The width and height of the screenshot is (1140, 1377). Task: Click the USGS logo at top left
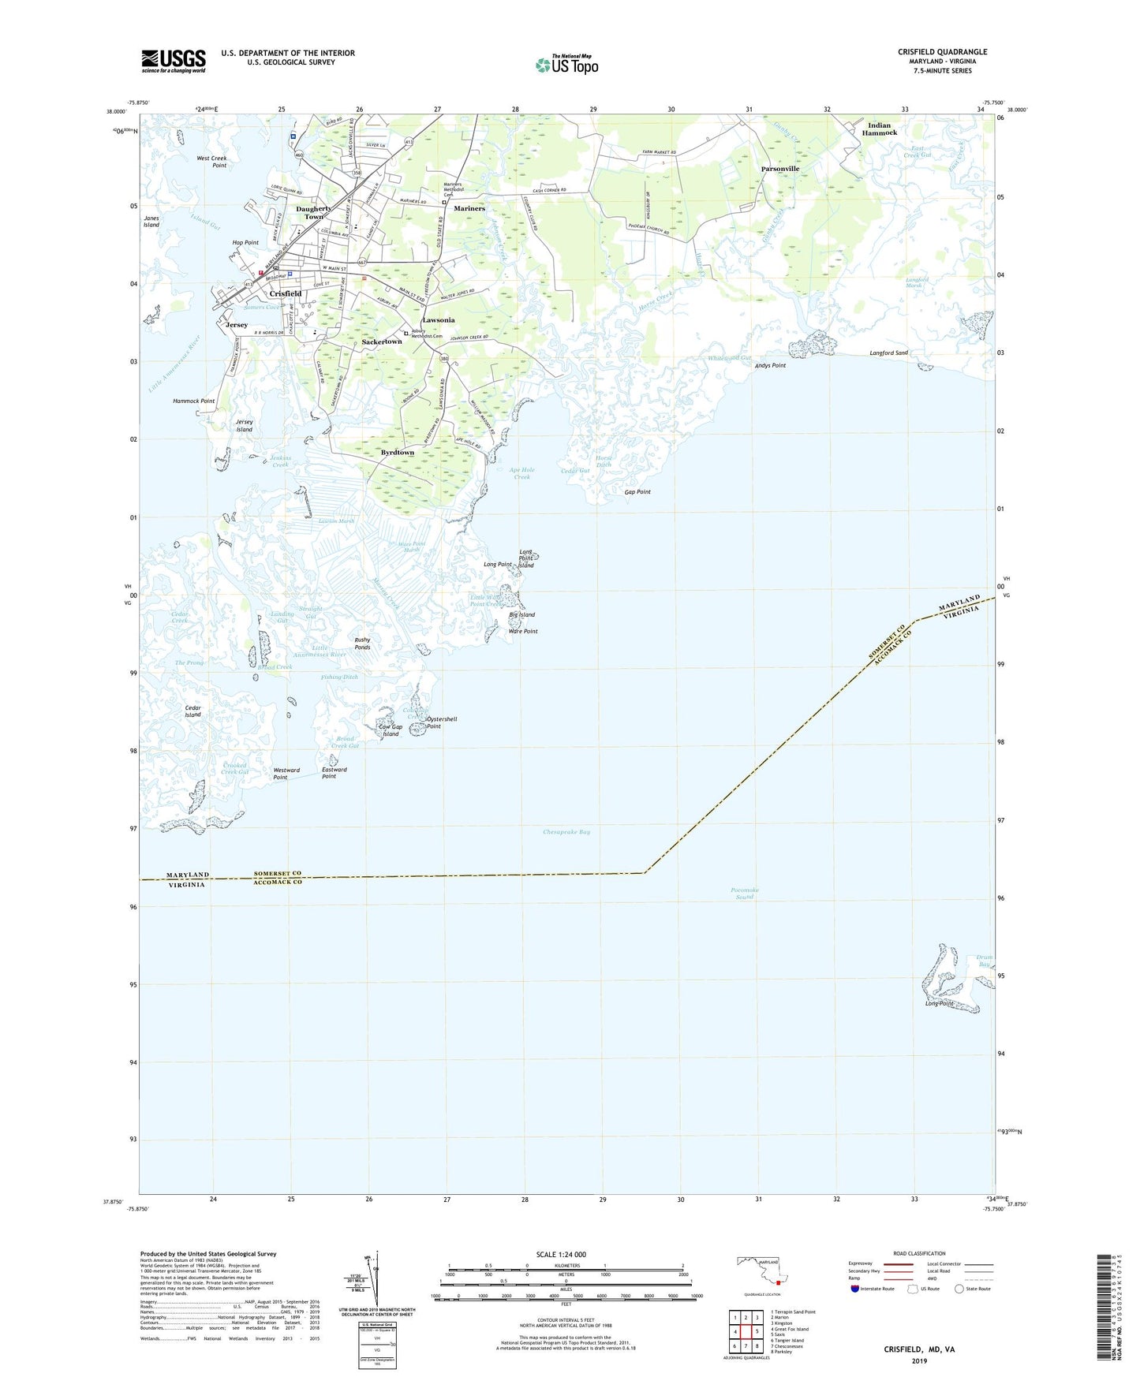pos(173,61)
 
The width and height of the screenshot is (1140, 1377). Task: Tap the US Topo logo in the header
pos(566,65)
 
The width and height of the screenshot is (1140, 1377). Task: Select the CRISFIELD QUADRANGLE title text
pos(942,52)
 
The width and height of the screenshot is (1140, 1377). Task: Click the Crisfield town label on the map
pos(286,293)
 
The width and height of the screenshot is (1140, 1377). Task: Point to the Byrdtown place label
pos(397,453)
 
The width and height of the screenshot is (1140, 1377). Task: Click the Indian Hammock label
pos(879,129)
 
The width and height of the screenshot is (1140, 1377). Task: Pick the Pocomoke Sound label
pos(746,894)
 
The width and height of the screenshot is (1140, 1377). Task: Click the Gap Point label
pos(637,492)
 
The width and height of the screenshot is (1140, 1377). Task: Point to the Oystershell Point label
pos(441,722)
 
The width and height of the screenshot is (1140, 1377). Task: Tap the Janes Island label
pos(151,222)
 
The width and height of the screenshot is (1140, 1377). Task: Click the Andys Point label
pos(770,366)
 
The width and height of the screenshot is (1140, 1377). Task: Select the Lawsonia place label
pos(438,320)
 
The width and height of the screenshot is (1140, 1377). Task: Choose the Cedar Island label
pos(192,711)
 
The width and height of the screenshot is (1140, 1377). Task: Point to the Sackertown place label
pos(382,342)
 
